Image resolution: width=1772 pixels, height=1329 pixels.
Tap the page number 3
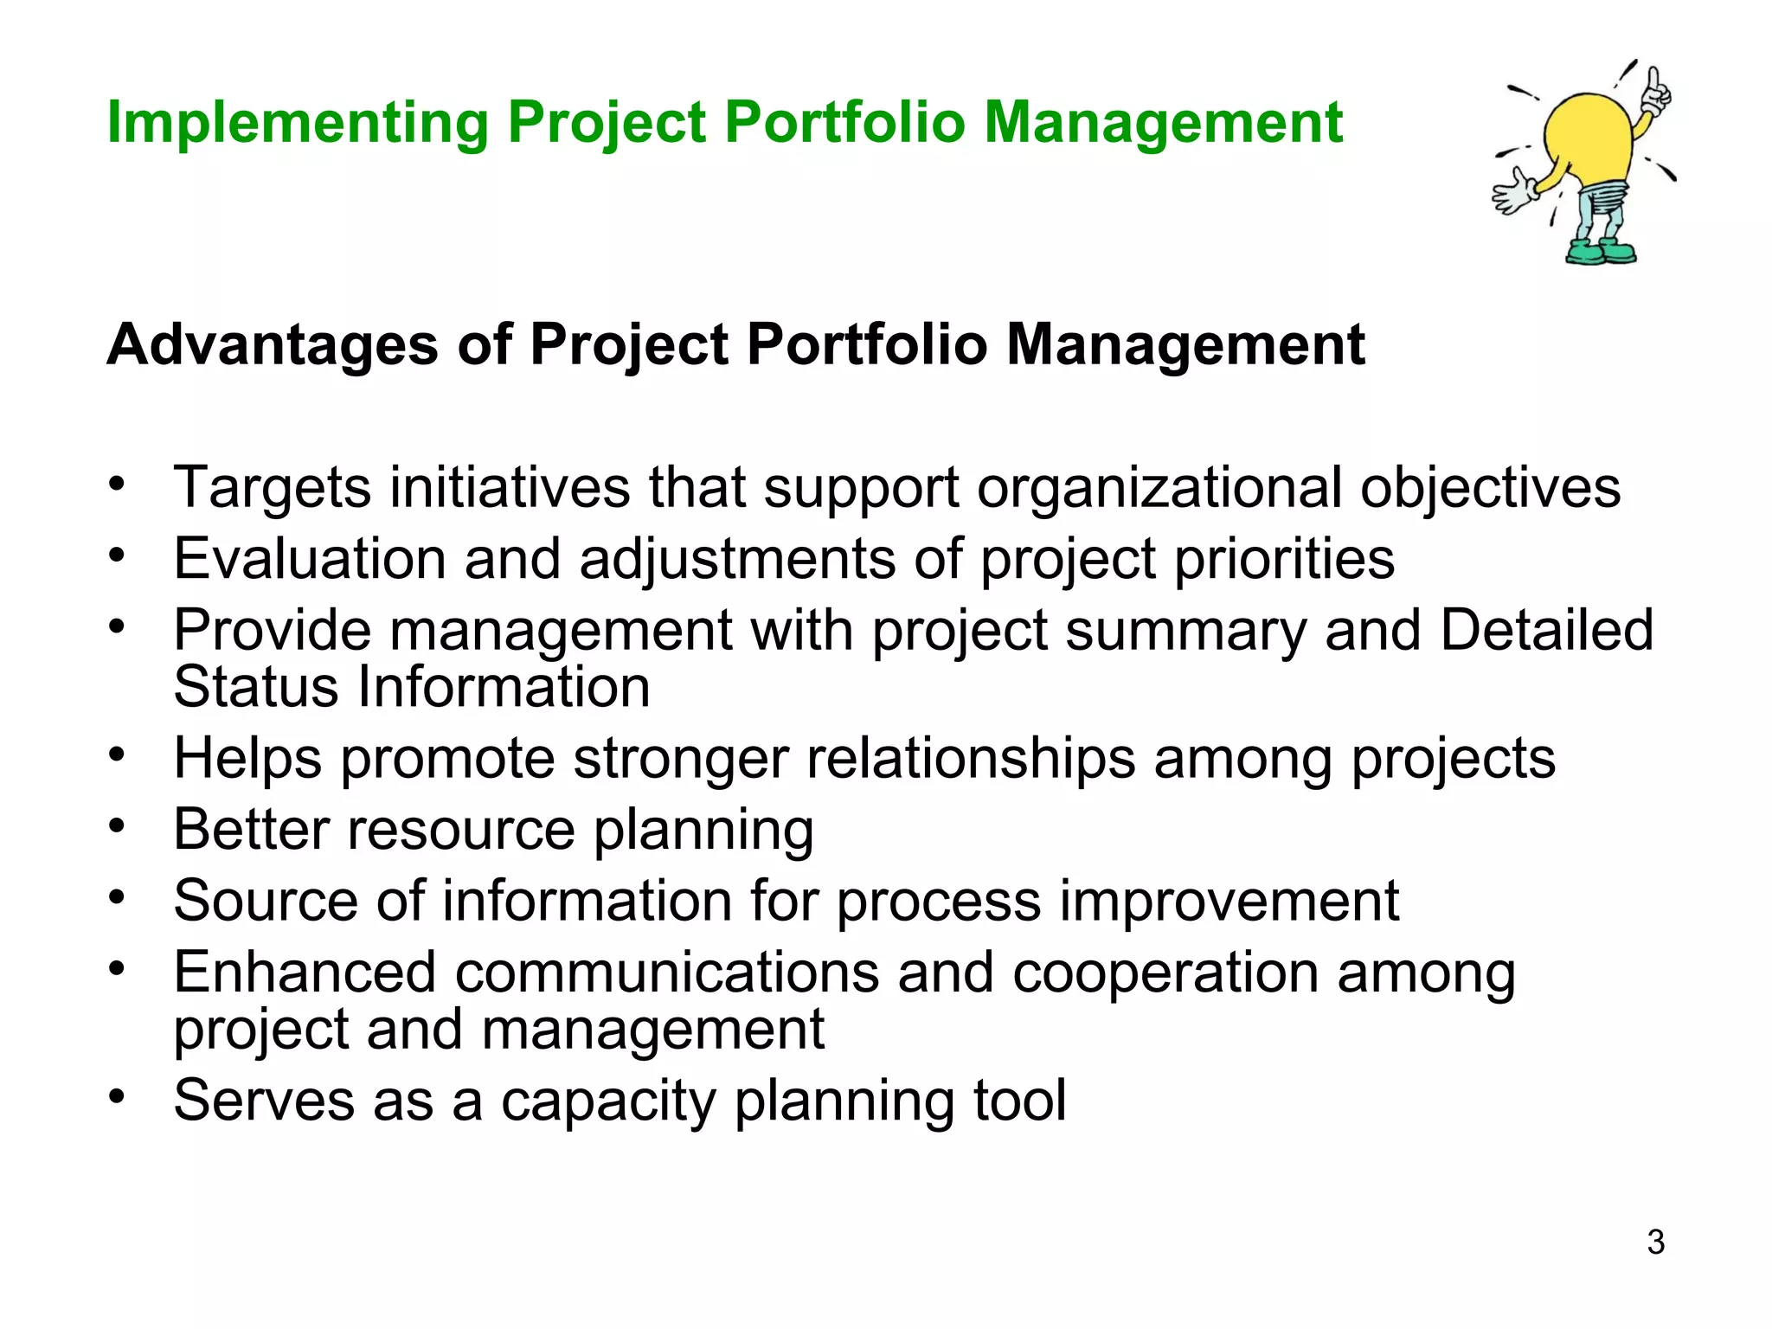1655,1242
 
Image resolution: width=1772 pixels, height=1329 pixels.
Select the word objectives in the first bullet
1490,487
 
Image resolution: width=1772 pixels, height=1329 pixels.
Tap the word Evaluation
309,559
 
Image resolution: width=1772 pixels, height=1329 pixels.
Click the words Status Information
411,687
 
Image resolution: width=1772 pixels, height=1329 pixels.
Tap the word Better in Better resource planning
251,829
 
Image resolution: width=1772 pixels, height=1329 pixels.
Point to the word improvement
1229,901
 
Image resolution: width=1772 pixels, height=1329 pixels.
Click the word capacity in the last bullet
608,1101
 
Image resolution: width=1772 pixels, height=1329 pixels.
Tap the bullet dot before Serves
118,1095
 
